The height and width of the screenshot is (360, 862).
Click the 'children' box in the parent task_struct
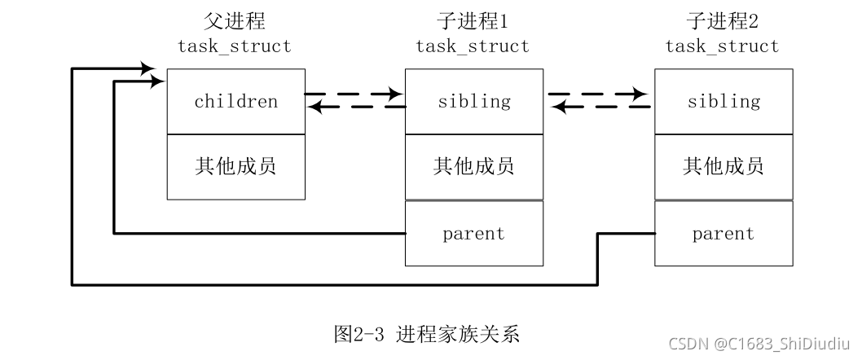[235, 102]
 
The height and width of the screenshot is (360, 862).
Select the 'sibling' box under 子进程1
[474, 102]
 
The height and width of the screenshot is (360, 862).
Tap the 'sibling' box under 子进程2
[723, 102]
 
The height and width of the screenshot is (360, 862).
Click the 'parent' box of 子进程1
[474, 234]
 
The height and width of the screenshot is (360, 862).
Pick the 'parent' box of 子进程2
[723, 234]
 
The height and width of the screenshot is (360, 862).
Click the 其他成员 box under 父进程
[235, 167]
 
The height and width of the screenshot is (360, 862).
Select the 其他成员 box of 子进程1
[474, 167]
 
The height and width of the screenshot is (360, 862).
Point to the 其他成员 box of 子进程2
[723, 167]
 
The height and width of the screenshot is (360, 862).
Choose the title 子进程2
[723, 21]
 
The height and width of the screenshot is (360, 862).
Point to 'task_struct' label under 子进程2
[723, 46]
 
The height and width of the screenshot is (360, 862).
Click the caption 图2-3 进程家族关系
[426, 334]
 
